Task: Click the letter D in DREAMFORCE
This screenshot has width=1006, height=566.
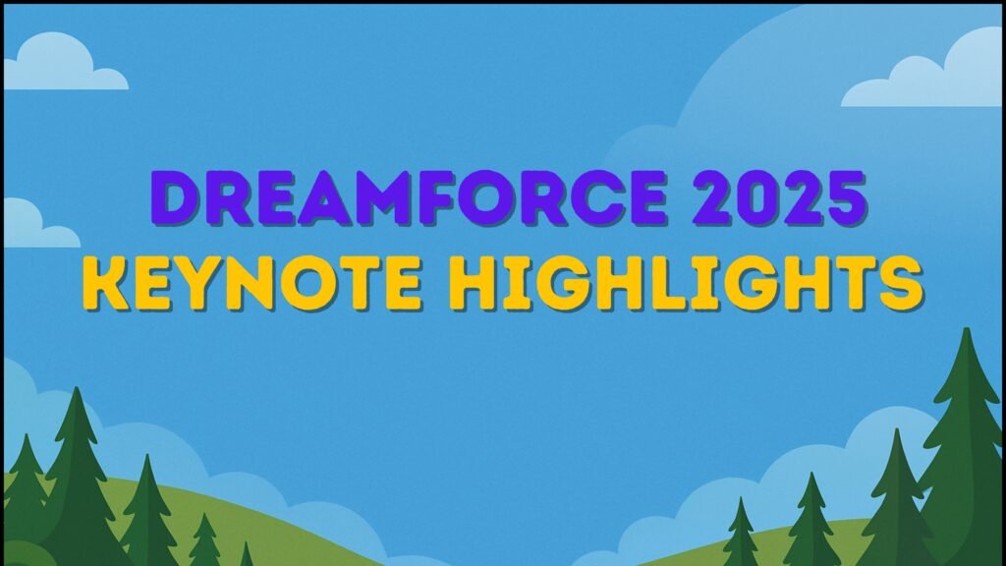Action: [179, 199]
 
